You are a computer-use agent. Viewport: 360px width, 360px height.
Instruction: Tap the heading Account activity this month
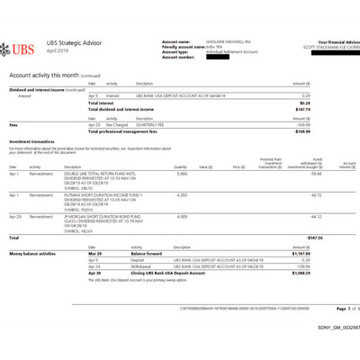pyautogui.click(x=44, y=76)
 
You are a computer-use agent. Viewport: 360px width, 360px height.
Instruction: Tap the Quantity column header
pyautogui.click(x=181, y=167)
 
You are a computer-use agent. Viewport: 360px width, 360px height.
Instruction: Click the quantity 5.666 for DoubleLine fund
pyautogui.click(x=182, y=175)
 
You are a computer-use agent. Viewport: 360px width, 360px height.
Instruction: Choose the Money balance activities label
pyautogui.click(x=37, y=254)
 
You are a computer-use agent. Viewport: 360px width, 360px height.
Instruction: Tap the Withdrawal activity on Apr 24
pyautogui.click(x=116, y=265)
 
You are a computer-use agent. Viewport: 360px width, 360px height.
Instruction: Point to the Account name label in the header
pyautogui.click(x=176, y=41)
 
